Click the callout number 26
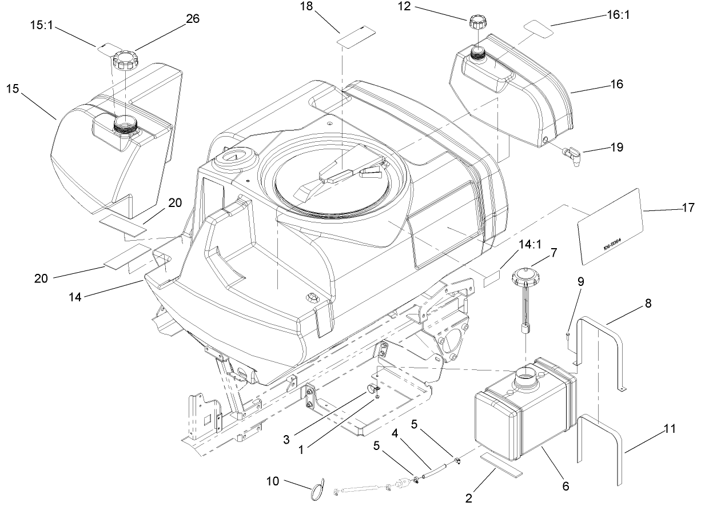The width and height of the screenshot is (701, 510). pos(193,18)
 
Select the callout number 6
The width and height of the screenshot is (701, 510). pos(565,487)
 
